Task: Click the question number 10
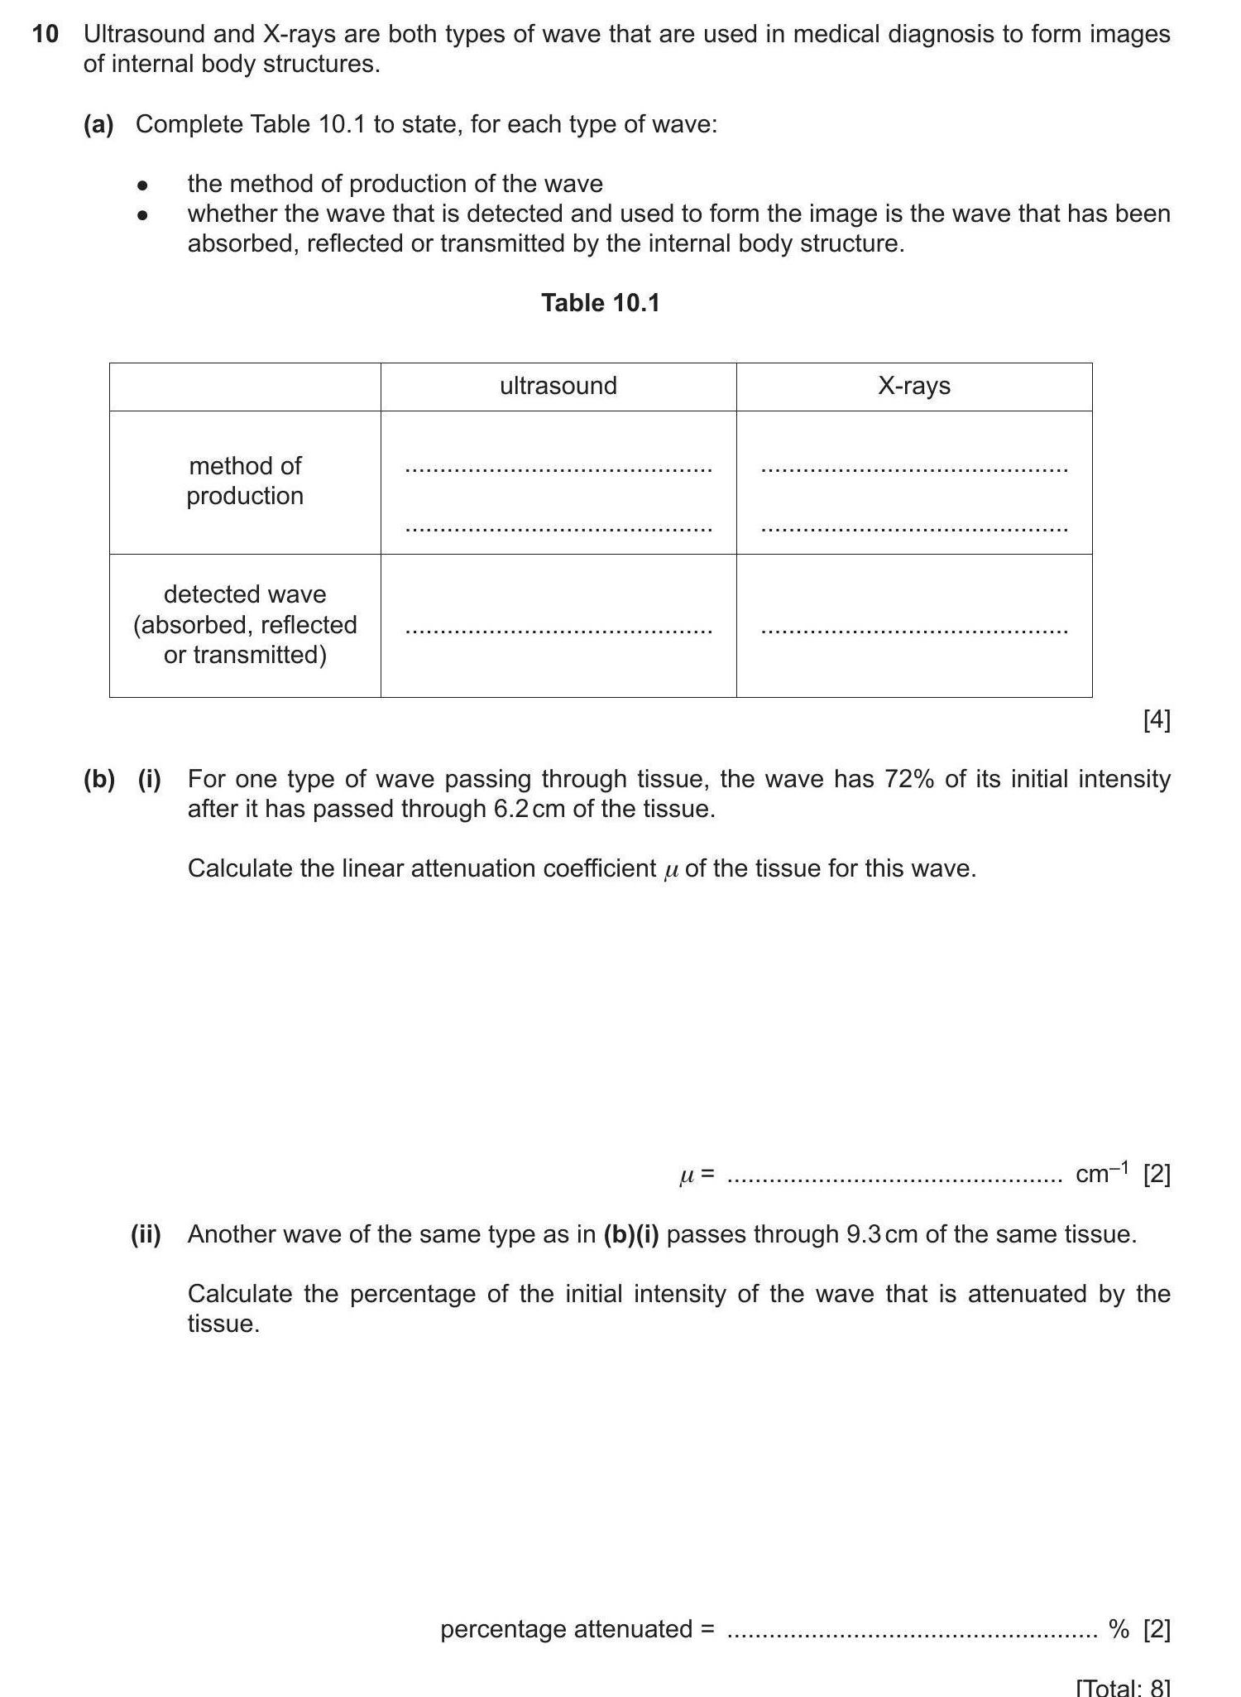[x=46, y=35]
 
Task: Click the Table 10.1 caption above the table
[x=601, y=303]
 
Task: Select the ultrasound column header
[x=558, y=387]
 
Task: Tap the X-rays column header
[x=914, y=387]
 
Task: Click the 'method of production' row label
[x=245, y=481]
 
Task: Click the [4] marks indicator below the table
[x=1156, y=721]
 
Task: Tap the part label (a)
[x=98, y=125]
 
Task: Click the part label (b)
[x=98, y=780]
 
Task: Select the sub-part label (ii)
[x=146, y=1235]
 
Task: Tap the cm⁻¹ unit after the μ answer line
[x=1101, y=1174]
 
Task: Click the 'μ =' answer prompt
[x=697, y=1175]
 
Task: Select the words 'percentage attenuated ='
[x=577, y=1629]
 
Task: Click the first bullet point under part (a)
[x=143, y=185]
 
